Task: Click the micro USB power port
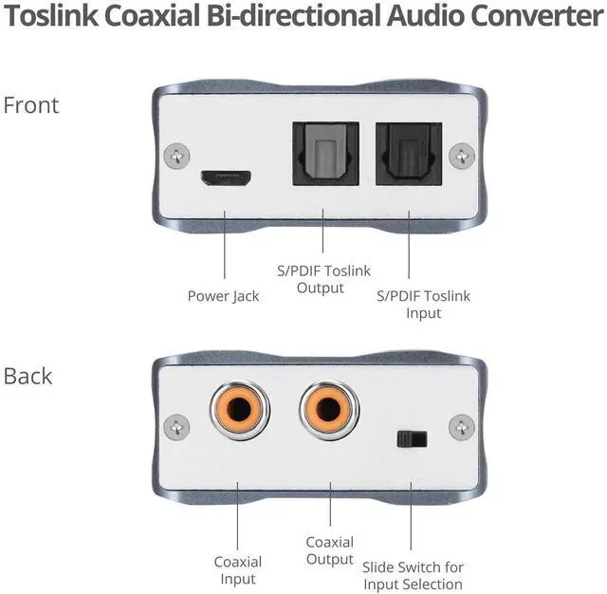click(225, 178)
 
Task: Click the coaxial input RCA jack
click(237, 411)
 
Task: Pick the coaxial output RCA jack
click(329, 411)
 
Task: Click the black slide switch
click(411, 439)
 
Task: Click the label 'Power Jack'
click(223, 296)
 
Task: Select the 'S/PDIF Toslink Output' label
click(322, 279)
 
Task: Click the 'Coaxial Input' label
click(237, 570)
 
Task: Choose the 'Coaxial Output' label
click(329, 550)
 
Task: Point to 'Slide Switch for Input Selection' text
click(413, 575)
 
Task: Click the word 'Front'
click(31, 104)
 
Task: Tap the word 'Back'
click(28, 376)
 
